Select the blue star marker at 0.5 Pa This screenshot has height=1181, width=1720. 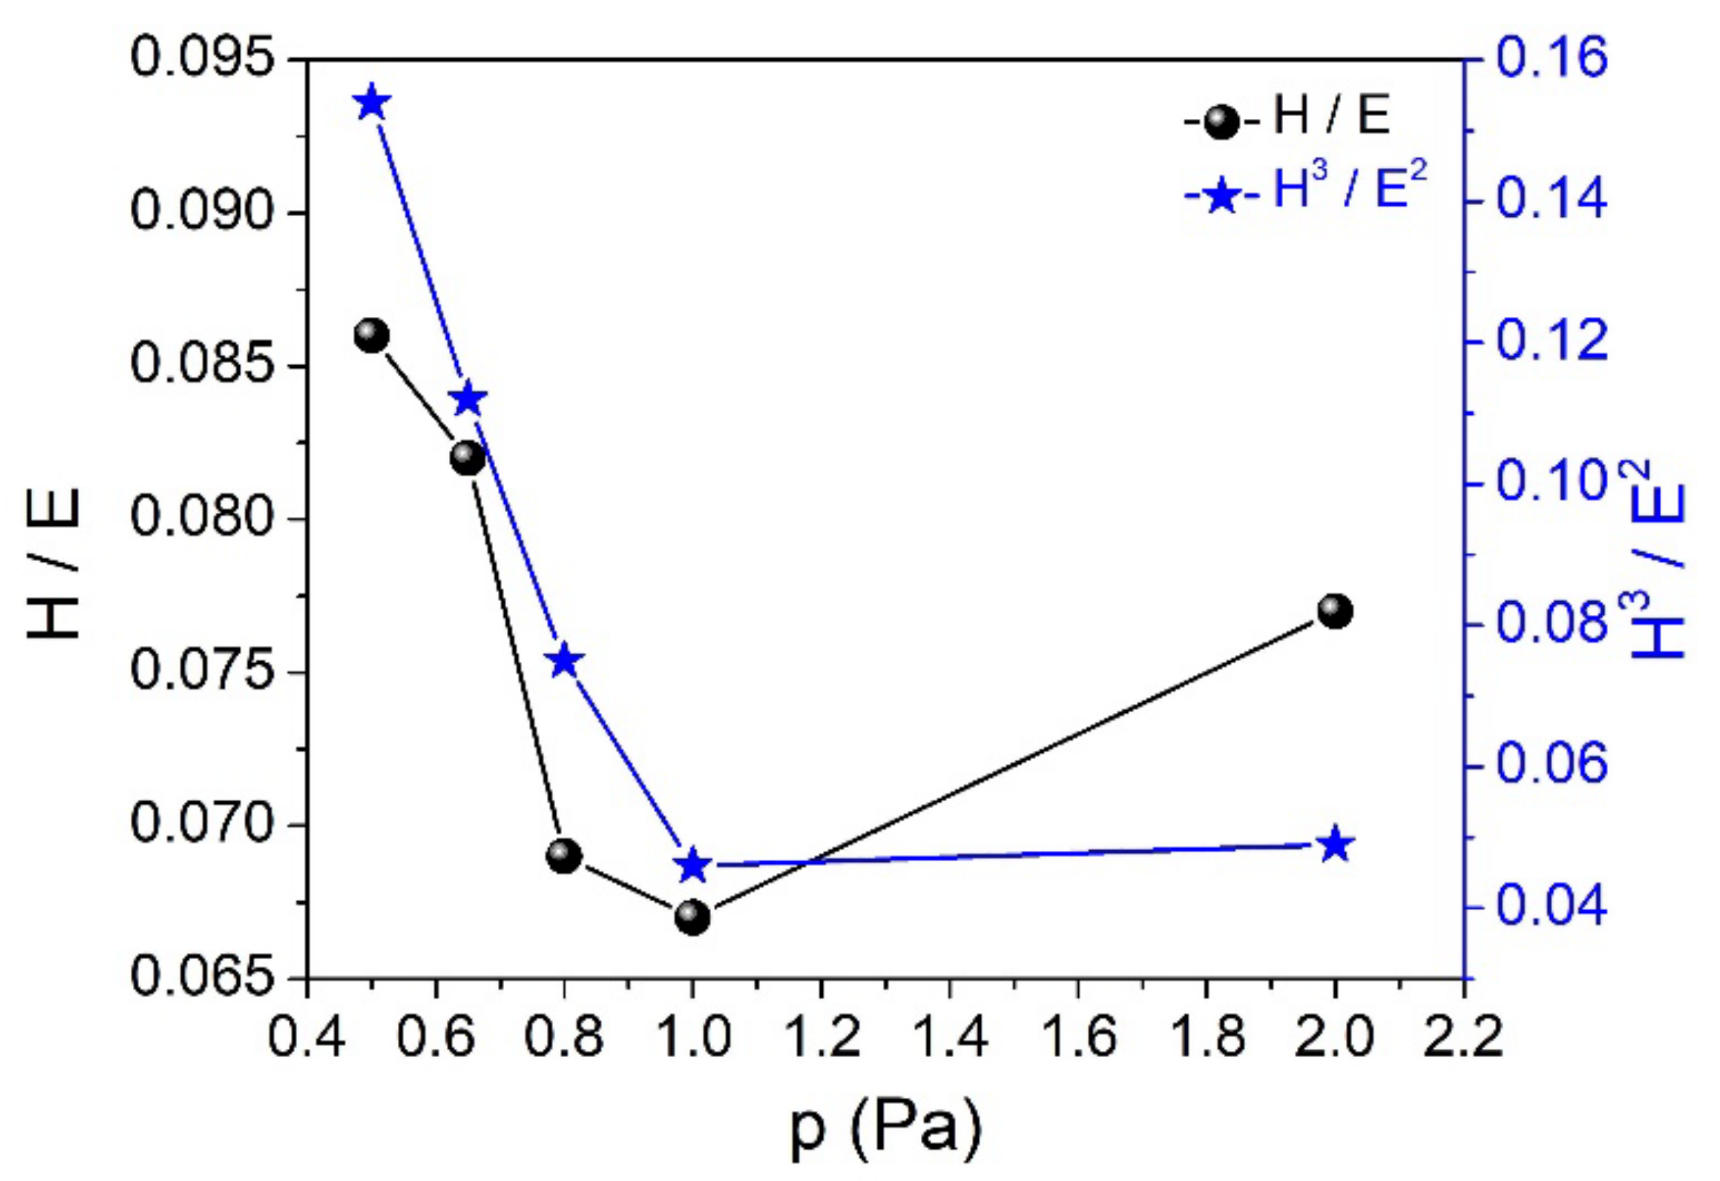coord(371,103)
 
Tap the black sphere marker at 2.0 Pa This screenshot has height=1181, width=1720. coord(1335,611)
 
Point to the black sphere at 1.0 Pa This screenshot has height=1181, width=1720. coord(693,918)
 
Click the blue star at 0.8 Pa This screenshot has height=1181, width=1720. coord(565,660)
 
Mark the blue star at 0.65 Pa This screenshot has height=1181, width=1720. coord(468,399)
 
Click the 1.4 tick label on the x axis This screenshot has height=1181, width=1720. coord(949,1037)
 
